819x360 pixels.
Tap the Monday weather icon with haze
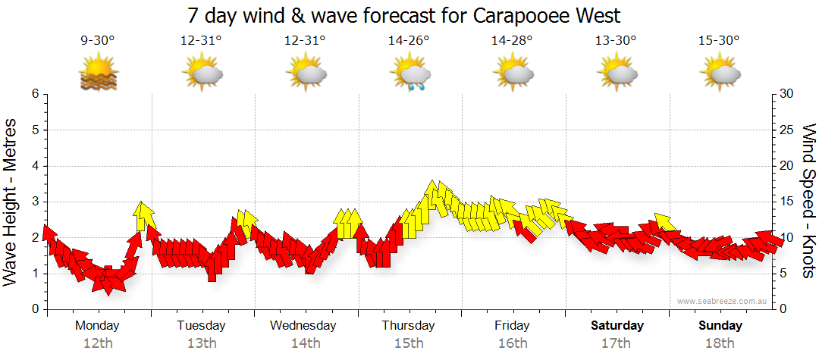pos(98,74)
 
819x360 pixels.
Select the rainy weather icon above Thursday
pos(410,74)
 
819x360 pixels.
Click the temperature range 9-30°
pos(98,41)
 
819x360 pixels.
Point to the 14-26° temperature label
pos(409,41)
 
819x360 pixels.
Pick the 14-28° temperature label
pos(513,41)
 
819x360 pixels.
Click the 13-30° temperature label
pos(617,41)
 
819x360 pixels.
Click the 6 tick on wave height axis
pos(35,94)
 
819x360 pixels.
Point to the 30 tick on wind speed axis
pos(786,94)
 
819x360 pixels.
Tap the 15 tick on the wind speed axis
pos(786,202)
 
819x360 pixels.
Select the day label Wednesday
pos(303,326)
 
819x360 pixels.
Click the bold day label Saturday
pos(617,326)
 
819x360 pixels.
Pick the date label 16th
pos(513,343)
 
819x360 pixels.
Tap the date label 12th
pos(98,343)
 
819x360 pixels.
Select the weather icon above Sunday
pos(720,74)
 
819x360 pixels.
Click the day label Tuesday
pos(201,326)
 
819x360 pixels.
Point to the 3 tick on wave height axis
pos(35,202)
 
